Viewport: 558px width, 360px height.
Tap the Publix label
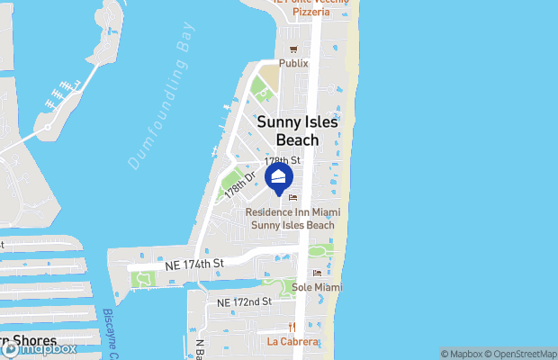(x=293, y=64)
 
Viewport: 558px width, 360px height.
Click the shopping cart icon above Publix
(x=292, y=50)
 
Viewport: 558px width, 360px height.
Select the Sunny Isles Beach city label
(x=288, y=130)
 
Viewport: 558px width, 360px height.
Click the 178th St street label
(x=283, y=159)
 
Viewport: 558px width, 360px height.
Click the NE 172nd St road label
(x=244, y=301)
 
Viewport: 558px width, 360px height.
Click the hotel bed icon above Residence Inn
(x=292, y=199)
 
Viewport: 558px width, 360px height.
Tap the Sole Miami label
(x=315, y=287)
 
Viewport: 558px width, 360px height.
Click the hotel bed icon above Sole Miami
(x=316, y=274)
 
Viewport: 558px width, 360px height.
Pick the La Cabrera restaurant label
(x=292, y=342)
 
